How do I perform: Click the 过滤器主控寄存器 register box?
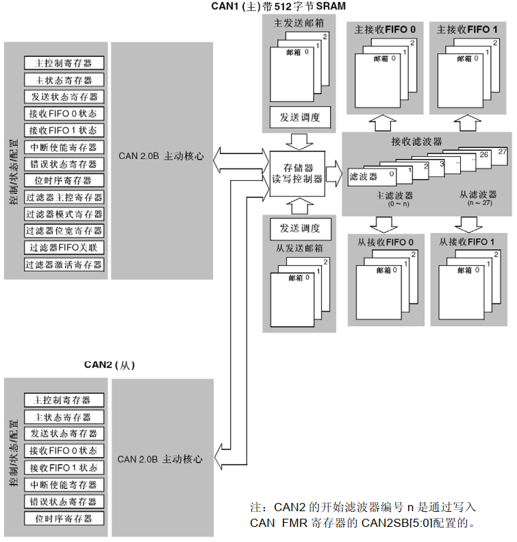point(64,197)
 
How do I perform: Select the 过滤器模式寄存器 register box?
point(64,214)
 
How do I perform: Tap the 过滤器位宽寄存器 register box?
point(64,231)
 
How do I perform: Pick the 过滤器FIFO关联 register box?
point(64,247)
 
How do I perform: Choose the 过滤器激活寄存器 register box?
point(64,264)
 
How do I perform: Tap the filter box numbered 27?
point(502,151)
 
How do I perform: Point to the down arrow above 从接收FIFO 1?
point(468,224)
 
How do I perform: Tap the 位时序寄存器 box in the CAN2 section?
point(64,518)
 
